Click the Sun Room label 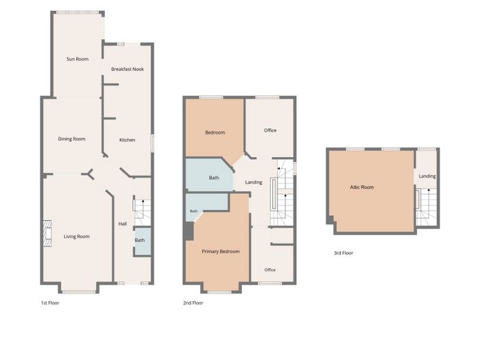click(x=77, y=59)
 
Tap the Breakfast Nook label click(x=128, y=69)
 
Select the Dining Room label click(x=71, y=139)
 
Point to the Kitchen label click(x=127, y=140)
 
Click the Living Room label click(x=77, y=237)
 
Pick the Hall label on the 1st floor click(x=123, y=224)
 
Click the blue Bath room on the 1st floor click(x=143, y=241)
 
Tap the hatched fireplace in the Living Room click(x=47, y=233)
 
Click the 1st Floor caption click(x=50, y=303)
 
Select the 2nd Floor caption click(x=193, y=303)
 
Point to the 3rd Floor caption click(x=343, y=253)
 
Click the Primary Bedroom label click(x=220, y=252)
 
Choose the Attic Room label click(x=362, y=187)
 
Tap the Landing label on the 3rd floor click(x=427, y=176)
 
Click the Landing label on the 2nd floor click(x=254, y=182)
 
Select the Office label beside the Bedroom click(x=270, y=130)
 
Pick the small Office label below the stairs click(x=269, y=270)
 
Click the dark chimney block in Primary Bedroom click(x=189, y=231)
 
